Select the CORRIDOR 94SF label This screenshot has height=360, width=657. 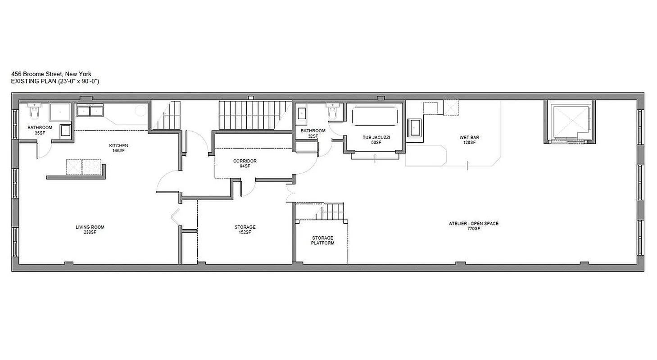click(245, 163)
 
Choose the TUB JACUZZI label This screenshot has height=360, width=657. click(376, 139)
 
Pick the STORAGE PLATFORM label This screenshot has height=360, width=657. click(323, 240)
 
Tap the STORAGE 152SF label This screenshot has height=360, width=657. click(245, 229)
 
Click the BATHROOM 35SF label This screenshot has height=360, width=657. click(40, 130)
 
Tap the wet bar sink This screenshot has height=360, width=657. click(414, 127)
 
